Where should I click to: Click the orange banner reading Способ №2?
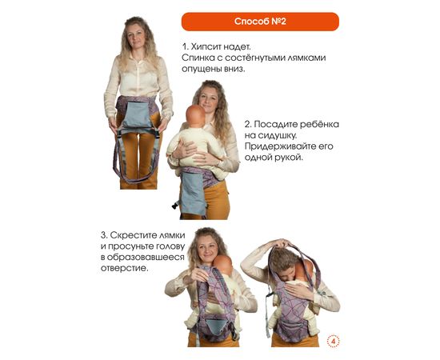tap(260, 22)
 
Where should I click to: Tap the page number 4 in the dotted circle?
tap(333, 342)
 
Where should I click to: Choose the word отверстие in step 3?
tap(124, 268)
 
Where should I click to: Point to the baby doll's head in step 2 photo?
tap(195, 115)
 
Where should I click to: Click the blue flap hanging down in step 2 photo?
tap(194, 194)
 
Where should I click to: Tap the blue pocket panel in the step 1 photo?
tap(137, 115)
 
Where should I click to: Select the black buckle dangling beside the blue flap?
tap(175, 205)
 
